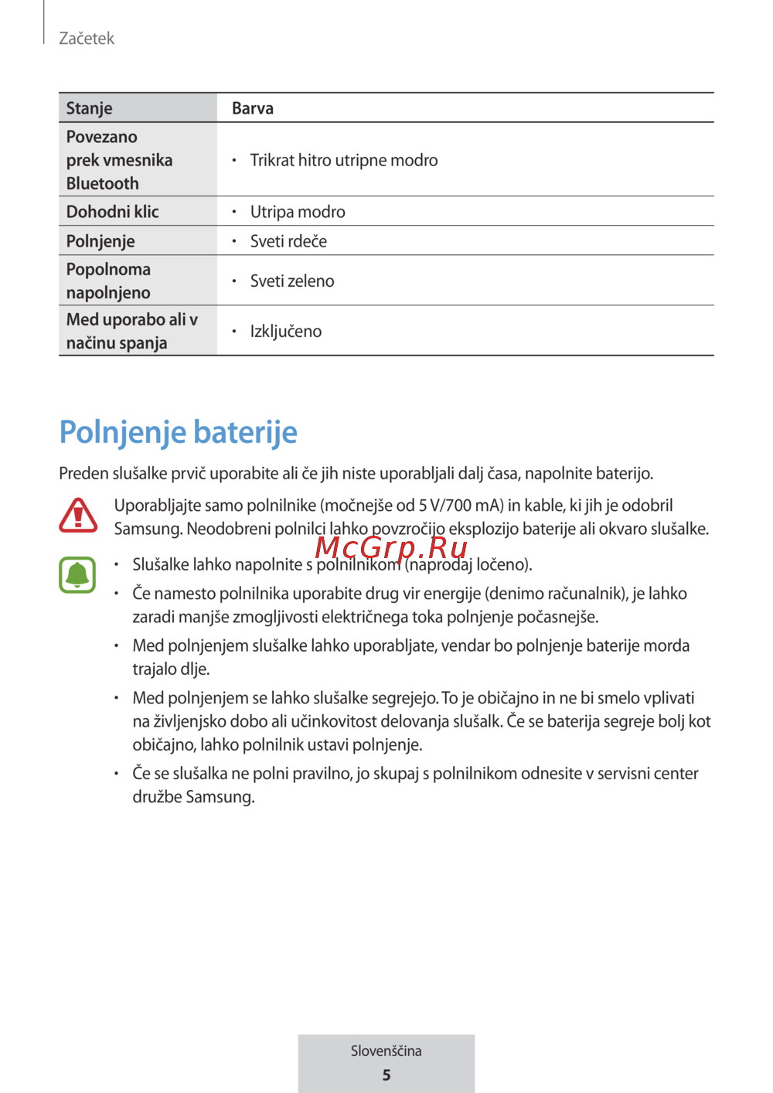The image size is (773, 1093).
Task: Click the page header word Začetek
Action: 87,39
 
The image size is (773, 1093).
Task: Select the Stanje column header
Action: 90,108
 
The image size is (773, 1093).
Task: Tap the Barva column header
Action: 253,108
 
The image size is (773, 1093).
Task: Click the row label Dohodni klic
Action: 113,212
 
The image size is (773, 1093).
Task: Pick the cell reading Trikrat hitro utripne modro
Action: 343,160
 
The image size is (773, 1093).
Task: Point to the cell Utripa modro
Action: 298,212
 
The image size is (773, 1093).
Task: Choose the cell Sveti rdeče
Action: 288,241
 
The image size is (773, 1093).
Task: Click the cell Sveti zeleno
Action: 292,281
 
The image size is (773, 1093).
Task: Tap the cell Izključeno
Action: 286,332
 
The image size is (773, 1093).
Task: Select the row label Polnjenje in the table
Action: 100,241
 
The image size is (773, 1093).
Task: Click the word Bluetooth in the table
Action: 103,184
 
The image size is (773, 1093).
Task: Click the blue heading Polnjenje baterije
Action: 179,432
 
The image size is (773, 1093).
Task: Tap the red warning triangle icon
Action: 78,516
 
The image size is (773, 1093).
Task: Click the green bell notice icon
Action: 77,575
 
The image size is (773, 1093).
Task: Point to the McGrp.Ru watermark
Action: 391,547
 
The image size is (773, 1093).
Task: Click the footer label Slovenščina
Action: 386,1051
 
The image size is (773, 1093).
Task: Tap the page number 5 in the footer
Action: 386,1075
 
